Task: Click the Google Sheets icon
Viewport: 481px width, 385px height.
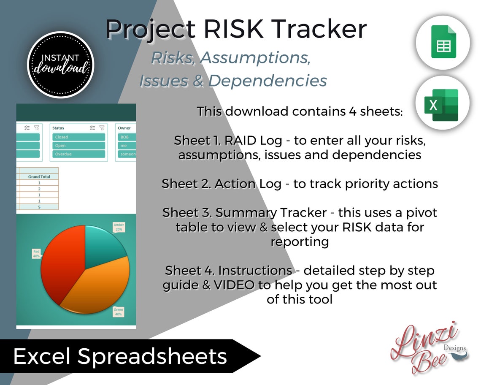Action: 443,43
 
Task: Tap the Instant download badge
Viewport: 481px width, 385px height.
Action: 60,64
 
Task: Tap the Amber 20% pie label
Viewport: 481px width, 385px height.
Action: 119,228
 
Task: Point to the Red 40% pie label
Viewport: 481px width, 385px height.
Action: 36,253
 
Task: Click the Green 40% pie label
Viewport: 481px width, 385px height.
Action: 118,312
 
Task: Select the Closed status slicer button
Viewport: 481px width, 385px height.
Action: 79,137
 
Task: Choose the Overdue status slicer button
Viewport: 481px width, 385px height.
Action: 79,154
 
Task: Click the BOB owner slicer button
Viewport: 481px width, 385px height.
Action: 127,137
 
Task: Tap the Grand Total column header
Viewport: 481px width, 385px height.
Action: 39,176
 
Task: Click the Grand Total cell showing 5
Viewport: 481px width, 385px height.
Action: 39,207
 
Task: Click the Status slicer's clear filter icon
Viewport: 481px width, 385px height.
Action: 102,127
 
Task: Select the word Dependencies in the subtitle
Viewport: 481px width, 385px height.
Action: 268,80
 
